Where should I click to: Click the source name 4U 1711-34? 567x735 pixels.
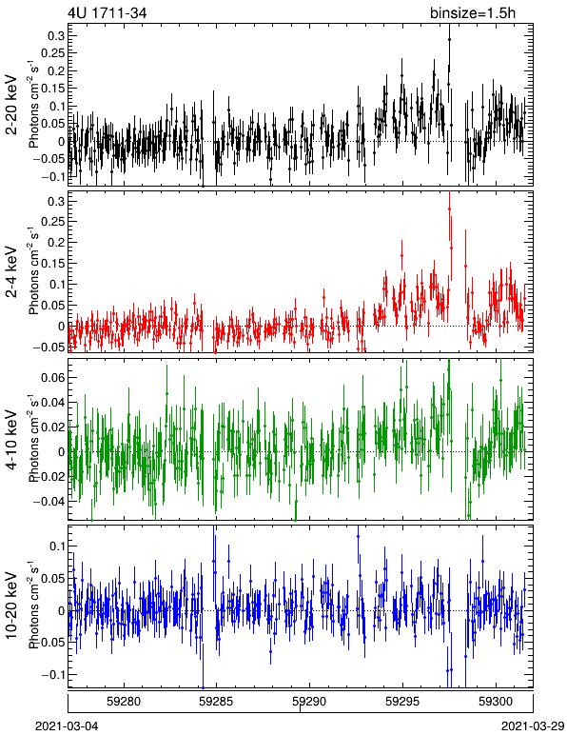click(108, 13)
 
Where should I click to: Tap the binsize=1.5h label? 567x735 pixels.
click(473, 13)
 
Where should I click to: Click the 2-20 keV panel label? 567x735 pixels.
click(11, 105)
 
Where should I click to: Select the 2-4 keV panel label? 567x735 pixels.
click(11, 272)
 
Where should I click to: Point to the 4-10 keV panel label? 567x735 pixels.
click(11, 440)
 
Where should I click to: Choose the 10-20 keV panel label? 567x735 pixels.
click(11, 606)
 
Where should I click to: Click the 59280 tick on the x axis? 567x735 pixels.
click(124, 702)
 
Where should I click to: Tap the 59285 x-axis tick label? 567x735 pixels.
click(216, 702)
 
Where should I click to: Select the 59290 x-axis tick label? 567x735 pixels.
click(309, 702)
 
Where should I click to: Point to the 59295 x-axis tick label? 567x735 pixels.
click(402, 702)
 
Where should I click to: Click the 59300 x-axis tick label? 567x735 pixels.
click(496, 702)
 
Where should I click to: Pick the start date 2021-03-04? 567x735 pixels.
click(67, 726)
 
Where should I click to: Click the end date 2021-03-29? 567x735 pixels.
click(534, 726)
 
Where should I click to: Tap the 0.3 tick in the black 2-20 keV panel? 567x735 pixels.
click(56, 35)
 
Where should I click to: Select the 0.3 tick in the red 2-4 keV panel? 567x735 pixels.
click(56, 201)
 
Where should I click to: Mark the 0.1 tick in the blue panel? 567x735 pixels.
click(56, 546)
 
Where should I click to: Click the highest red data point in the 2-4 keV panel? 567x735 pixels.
click(449, 209)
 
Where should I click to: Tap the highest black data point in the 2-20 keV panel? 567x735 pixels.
click(449, 40)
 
